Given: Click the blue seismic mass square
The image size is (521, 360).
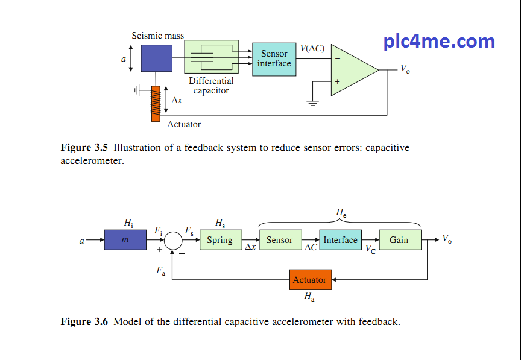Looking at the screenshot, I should coord(156,58).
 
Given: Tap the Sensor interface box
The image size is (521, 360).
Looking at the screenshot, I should coord(274,59).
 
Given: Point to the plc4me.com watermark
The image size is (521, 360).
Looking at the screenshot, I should coord(439,42).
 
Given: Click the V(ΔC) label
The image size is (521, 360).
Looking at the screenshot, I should coord(312,48).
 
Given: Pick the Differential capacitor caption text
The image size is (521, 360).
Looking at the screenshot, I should coord(211,86).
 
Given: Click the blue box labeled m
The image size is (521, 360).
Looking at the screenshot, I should coord(125,240).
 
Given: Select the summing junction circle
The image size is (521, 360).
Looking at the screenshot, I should coord(174,240).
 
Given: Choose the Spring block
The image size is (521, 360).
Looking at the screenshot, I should coord(220,240).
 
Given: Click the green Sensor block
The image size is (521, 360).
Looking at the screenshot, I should coord(280,240).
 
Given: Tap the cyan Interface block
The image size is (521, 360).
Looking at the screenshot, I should coord(341,240).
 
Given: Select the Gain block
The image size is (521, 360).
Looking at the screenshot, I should coord(399,240).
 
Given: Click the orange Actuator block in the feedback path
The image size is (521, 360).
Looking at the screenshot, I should coord(310,280).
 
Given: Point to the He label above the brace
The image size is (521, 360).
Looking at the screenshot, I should coord(341,213).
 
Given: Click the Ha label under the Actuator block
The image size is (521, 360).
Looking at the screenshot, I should coord(309,297).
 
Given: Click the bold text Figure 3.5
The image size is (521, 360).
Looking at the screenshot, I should coord(84,148).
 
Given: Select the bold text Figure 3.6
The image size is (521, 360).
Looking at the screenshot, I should coord(84,322).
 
